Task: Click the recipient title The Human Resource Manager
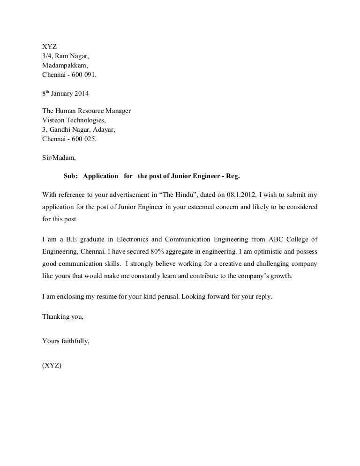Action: [x=86, y=111]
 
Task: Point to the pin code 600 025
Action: [x=85, y=139]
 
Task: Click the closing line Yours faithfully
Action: [x=66, y=341]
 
